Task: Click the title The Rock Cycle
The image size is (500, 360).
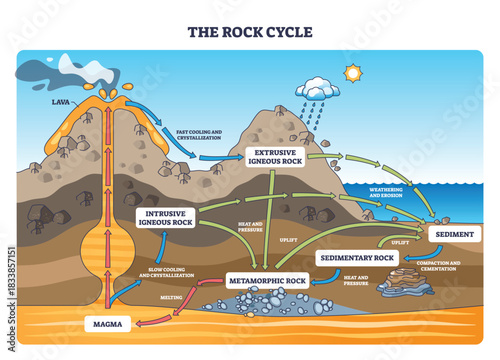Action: point(250,31)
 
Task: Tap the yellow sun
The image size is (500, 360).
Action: point(351,73)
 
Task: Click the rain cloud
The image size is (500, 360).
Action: point(317,89)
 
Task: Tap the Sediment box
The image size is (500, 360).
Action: point(455,234)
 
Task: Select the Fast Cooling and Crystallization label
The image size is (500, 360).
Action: point(212,137)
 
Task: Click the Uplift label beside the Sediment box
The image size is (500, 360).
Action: point(400,242)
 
